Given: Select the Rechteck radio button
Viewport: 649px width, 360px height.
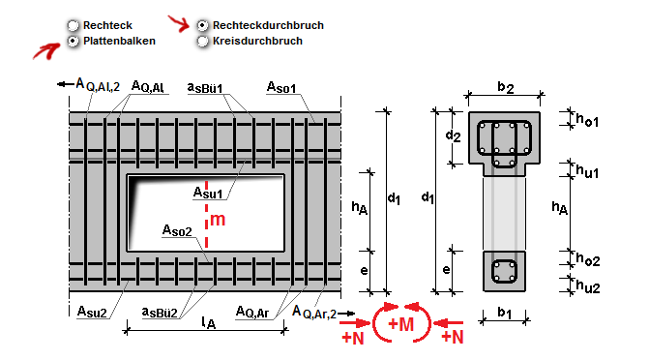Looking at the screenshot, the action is tap(73, 26).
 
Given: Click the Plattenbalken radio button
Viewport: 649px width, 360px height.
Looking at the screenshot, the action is tap(73, 41).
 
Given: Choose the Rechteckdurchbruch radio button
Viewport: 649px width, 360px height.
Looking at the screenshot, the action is tap(202, 26).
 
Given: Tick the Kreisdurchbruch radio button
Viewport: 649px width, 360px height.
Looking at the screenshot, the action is tap(202, 41).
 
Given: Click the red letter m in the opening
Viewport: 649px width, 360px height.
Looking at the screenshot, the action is tap(218, 219).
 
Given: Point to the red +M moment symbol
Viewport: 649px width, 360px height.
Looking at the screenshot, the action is tap(401, 324).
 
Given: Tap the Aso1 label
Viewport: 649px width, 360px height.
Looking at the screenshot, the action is tap(281, 87).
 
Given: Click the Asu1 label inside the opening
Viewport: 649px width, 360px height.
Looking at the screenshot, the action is tap(208, 193).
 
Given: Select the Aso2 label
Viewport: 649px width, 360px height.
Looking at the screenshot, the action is tap(177, 230).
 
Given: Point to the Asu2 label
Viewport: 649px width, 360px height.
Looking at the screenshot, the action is tap(92, 312).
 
